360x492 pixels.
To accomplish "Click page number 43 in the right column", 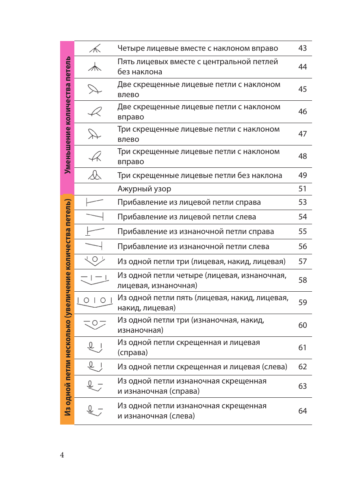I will [x=302, y=48].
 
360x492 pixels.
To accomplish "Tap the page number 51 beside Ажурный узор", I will [x=302, y=189].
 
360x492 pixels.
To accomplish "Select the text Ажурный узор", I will [x=144, y=189].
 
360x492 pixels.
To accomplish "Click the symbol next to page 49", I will [x=95, y=176].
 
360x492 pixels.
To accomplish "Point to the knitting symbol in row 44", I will [x=95, y=67].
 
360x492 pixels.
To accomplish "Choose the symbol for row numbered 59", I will [x=95, y=303].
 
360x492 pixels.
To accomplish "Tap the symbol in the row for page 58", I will [x=95, y=280].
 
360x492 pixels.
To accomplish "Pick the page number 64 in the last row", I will [x=302, y=411].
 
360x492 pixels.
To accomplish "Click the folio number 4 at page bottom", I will [x=62, y=455].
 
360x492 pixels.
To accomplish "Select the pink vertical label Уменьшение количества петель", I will [x=67, y=118].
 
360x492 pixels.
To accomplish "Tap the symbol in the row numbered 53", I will [x=95, y=202].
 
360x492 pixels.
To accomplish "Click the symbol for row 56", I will [x=94, y=246].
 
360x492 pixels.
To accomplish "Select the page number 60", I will [x=302, y=325].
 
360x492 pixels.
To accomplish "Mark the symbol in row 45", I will [x=95, y=89].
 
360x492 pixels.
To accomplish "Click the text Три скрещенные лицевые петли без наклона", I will [x=200, y=176].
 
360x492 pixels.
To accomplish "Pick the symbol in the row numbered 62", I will [x=95, y=366].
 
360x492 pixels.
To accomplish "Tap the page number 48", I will [x=302, y=156].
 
